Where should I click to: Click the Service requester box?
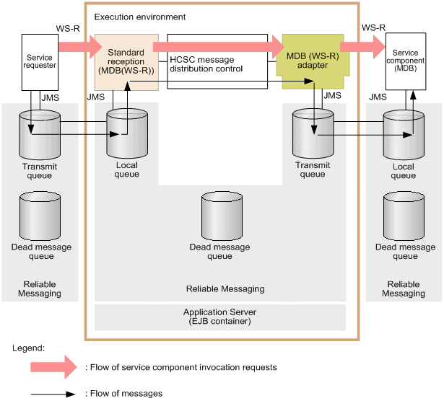[40, 61]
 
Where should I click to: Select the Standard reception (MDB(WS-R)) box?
[126, 62]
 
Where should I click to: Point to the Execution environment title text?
[140, 16]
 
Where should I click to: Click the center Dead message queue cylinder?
[220, 215]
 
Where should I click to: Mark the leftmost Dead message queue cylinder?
[40, 215]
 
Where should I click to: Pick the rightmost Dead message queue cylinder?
[404, 215]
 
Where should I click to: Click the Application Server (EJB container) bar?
[219, 317]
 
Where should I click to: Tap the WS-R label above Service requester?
[67, 28]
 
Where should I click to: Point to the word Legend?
[28, 348]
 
